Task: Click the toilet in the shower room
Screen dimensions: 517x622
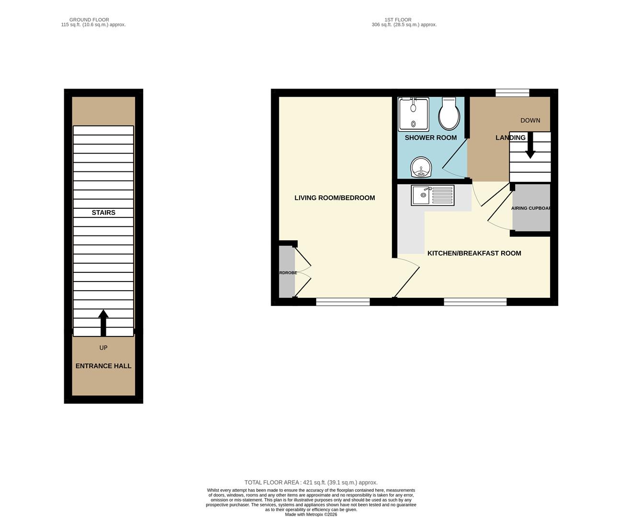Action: [449, 115]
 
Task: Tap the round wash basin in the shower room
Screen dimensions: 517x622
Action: [421, 168]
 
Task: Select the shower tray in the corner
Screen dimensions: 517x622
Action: [414, 114]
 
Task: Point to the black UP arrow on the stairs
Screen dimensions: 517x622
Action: [103, 323]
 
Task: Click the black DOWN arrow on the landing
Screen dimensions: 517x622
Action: [530, 146]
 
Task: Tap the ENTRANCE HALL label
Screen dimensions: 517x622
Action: [104, 366]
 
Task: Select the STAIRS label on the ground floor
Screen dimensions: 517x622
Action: [104, 213]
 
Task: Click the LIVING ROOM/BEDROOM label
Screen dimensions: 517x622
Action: [334, 198]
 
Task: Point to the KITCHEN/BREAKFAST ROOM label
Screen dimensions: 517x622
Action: [474, 253]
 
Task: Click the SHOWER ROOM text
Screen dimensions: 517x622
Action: [430, 138]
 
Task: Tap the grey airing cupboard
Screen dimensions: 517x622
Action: [531, 208]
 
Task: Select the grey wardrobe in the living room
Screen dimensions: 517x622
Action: [287, 272]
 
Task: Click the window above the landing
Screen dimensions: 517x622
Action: [512, 93]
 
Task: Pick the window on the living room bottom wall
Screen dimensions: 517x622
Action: [343, 302]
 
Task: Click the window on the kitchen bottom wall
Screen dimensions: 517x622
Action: [475, 302]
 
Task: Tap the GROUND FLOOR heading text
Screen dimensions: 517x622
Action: [89, 20]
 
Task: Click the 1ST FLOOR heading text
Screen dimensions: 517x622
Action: [398, 20]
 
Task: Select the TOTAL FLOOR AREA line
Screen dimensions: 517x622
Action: [311, 483]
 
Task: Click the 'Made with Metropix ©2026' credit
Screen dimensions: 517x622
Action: [311, 515]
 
